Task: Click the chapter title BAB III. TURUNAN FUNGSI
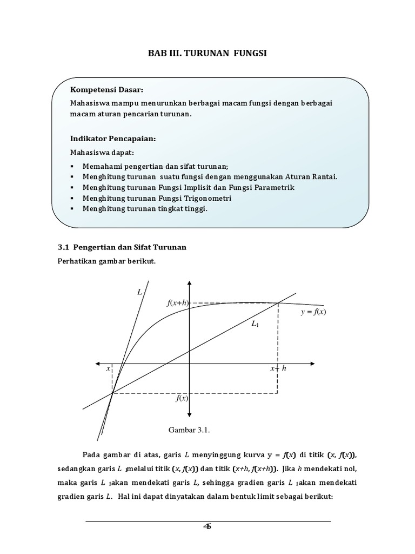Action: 207,54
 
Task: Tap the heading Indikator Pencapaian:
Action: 113,139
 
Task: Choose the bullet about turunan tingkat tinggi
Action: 145,208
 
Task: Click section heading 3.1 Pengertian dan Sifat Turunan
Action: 122,248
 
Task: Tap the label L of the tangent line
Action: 139,292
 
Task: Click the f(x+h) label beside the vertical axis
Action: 177,303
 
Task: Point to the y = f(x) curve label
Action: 313,312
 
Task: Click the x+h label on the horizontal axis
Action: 279,368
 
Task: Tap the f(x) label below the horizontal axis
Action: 181,399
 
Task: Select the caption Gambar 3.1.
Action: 189,430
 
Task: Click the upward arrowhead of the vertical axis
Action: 189,283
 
